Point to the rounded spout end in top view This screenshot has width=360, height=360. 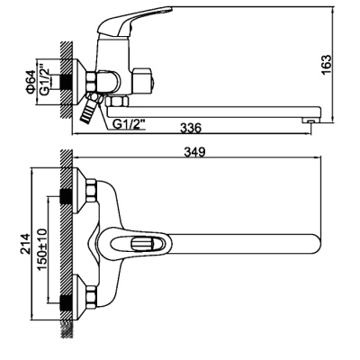313,243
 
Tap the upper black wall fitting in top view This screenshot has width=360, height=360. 66,193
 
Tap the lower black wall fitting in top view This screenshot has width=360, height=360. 66,293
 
